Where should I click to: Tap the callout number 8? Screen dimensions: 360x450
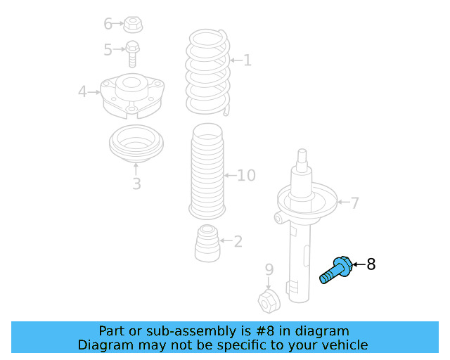click(371, 264)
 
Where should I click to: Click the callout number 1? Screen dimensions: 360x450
click(247, 60)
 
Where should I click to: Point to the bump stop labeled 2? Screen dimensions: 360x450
click(206, 242)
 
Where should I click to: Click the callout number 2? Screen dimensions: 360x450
click(238, 242)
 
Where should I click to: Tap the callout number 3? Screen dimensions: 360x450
click(136, 184)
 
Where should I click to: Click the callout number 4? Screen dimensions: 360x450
click(82, 91)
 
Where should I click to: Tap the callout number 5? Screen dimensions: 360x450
click(108, 50)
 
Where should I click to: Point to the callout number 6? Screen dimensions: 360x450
click(108, 24)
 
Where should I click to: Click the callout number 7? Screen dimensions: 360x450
click(354, 203)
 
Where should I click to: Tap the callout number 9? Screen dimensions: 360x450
click(269, 269)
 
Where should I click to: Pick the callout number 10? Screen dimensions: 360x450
click(245, 175)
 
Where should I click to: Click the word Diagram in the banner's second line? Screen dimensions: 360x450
click(104, 345)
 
